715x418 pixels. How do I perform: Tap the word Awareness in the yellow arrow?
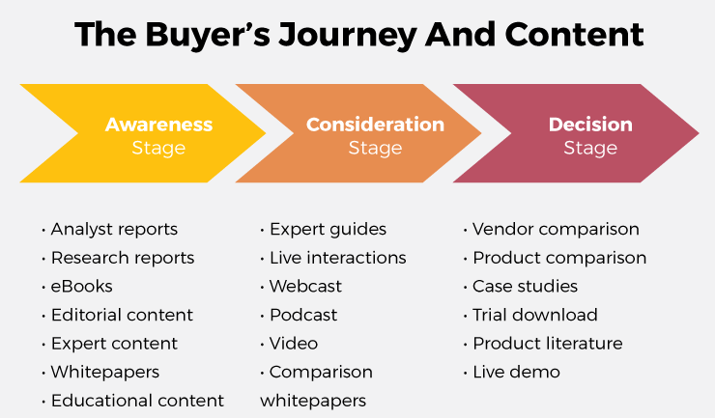(x=158, y=125)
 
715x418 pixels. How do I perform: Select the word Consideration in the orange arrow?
(x=375, y=125)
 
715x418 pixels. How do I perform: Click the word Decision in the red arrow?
(x=590, y=125)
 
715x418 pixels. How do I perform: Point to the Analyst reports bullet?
(x=113, y=230)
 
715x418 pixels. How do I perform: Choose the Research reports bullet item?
(x=122, y=258)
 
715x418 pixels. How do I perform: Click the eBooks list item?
(x=81, y=287)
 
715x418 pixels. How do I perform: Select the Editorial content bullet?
(x=121, y=315)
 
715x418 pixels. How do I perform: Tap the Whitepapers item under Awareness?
(x=104, y=372)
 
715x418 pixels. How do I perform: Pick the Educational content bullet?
(x=136, y=400)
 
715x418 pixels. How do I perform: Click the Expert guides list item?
(x=327, y=230)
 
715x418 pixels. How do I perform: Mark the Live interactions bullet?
(x=336, y=258)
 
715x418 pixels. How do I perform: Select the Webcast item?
(x=304, y=287)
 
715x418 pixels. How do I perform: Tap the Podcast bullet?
(x=302, y=315)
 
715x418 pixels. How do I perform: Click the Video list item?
(x=293, y=344)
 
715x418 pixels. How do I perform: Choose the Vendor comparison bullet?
(x=555, y=230)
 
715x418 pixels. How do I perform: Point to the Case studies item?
(x=524, y=287)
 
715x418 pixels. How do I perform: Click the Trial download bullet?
(x=534, y=315)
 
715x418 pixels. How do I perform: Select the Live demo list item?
(x=515, y=372)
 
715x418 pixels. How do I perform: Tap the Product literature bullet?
(x=547, y=344)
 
